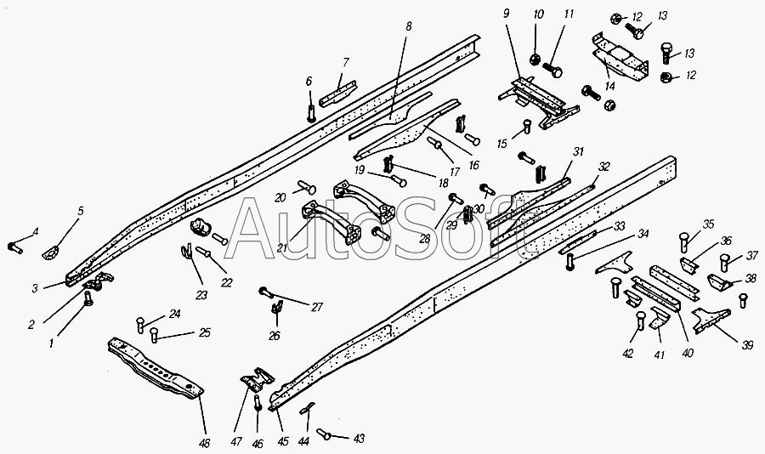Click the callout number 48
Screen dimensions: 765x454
[204, 443]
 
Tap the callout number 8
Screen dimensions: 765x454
[408, 26]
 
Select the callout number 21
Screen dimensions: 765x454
[281, 248]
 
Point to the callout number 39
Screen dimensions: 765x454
[747, 346]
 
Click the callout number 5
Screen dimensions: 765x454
[81, 211]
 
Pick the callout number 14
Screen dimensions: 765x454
[609, 87]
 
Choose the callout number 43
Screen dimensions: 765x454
[359, 439]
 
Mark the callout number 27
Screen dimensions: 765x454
[317, 307]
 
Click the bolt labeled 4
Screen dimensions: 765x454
[14, 248]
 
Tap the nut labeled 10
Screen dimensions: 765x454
[535, 60]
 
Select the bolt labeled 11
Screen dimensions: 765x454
[552, 70]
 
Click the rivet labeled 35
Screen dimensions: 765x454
[684, 242]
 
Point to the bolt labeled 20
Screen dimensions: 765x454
[306, 187]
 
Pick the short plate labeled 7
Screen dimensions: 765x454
[337, 94]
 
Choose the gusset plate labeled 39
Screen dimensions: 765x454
[711, 320]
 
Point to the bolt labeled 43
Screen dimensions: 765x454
[324, 434]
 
